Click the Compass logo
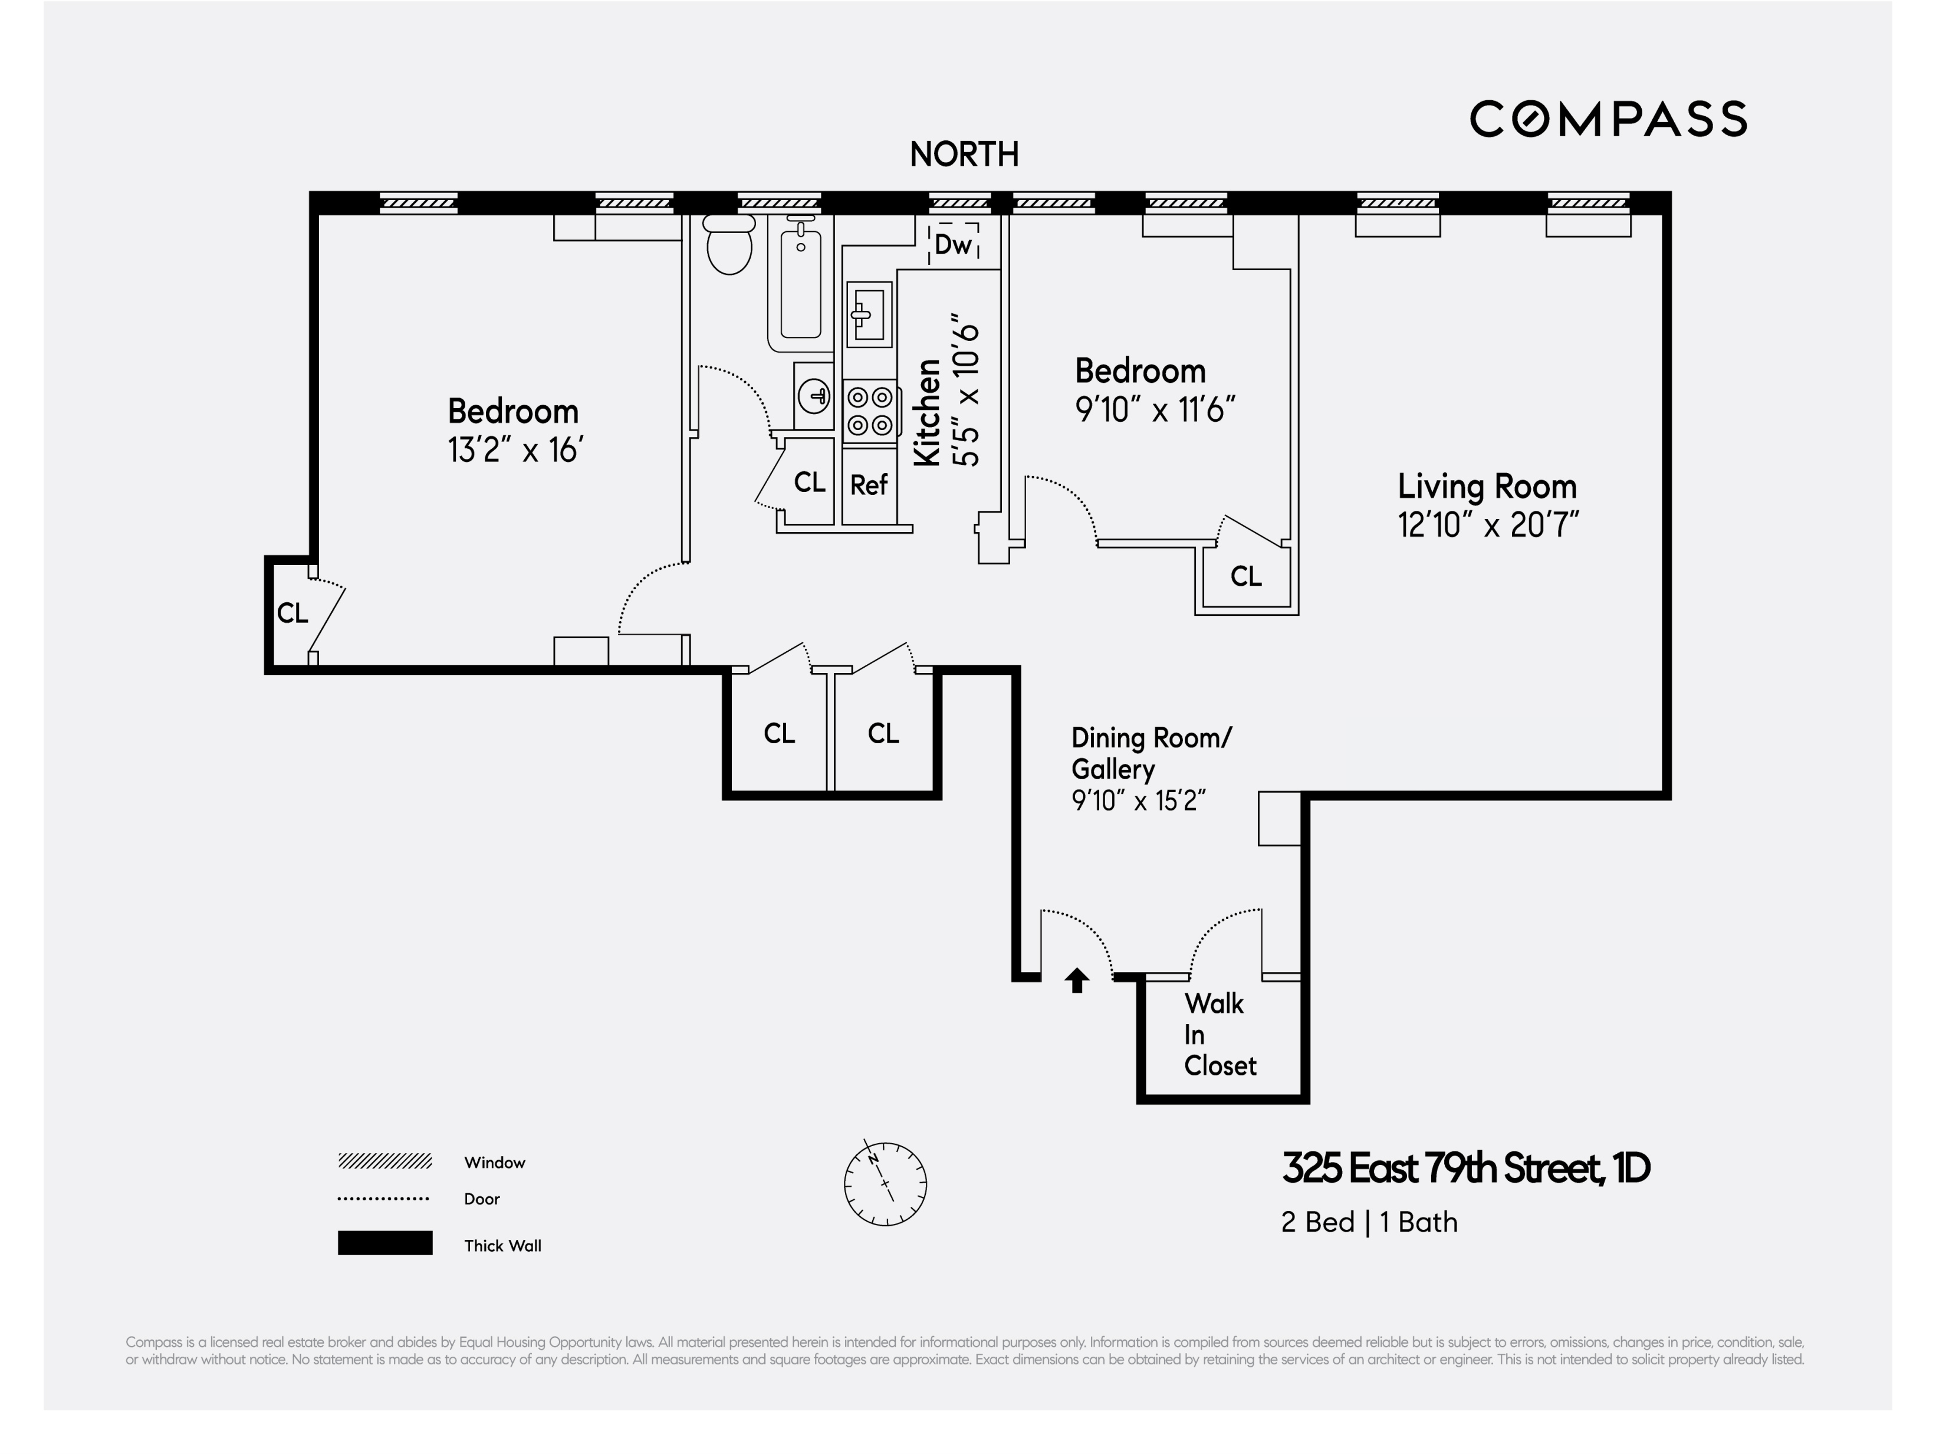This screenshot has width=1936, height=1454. pos(1608,119)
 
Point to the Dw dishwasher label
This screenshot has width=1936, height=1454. pos(953,244)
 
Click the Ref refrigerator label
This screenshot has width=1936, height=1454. pos(868,485)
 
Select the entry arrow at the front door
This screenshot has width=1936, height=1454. pos(1077,980)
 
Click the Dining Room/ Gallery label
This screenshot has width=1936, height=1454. pos(1151,753)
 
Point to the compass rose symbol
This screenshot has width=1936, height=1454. pos(885,1183)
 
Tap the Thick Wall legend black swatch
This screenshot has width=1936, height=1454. pos(385,1243)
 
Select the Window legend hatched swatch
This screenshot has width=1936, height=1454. pos(385,1161)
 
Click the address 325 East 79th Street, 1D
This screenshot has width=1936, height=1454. pos(1465,1168)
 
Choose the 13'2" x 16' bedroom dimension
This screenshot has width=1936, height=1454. pos(515,451)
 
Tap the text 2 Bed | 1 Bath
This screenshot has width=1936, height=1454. pos(1369,1222)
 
